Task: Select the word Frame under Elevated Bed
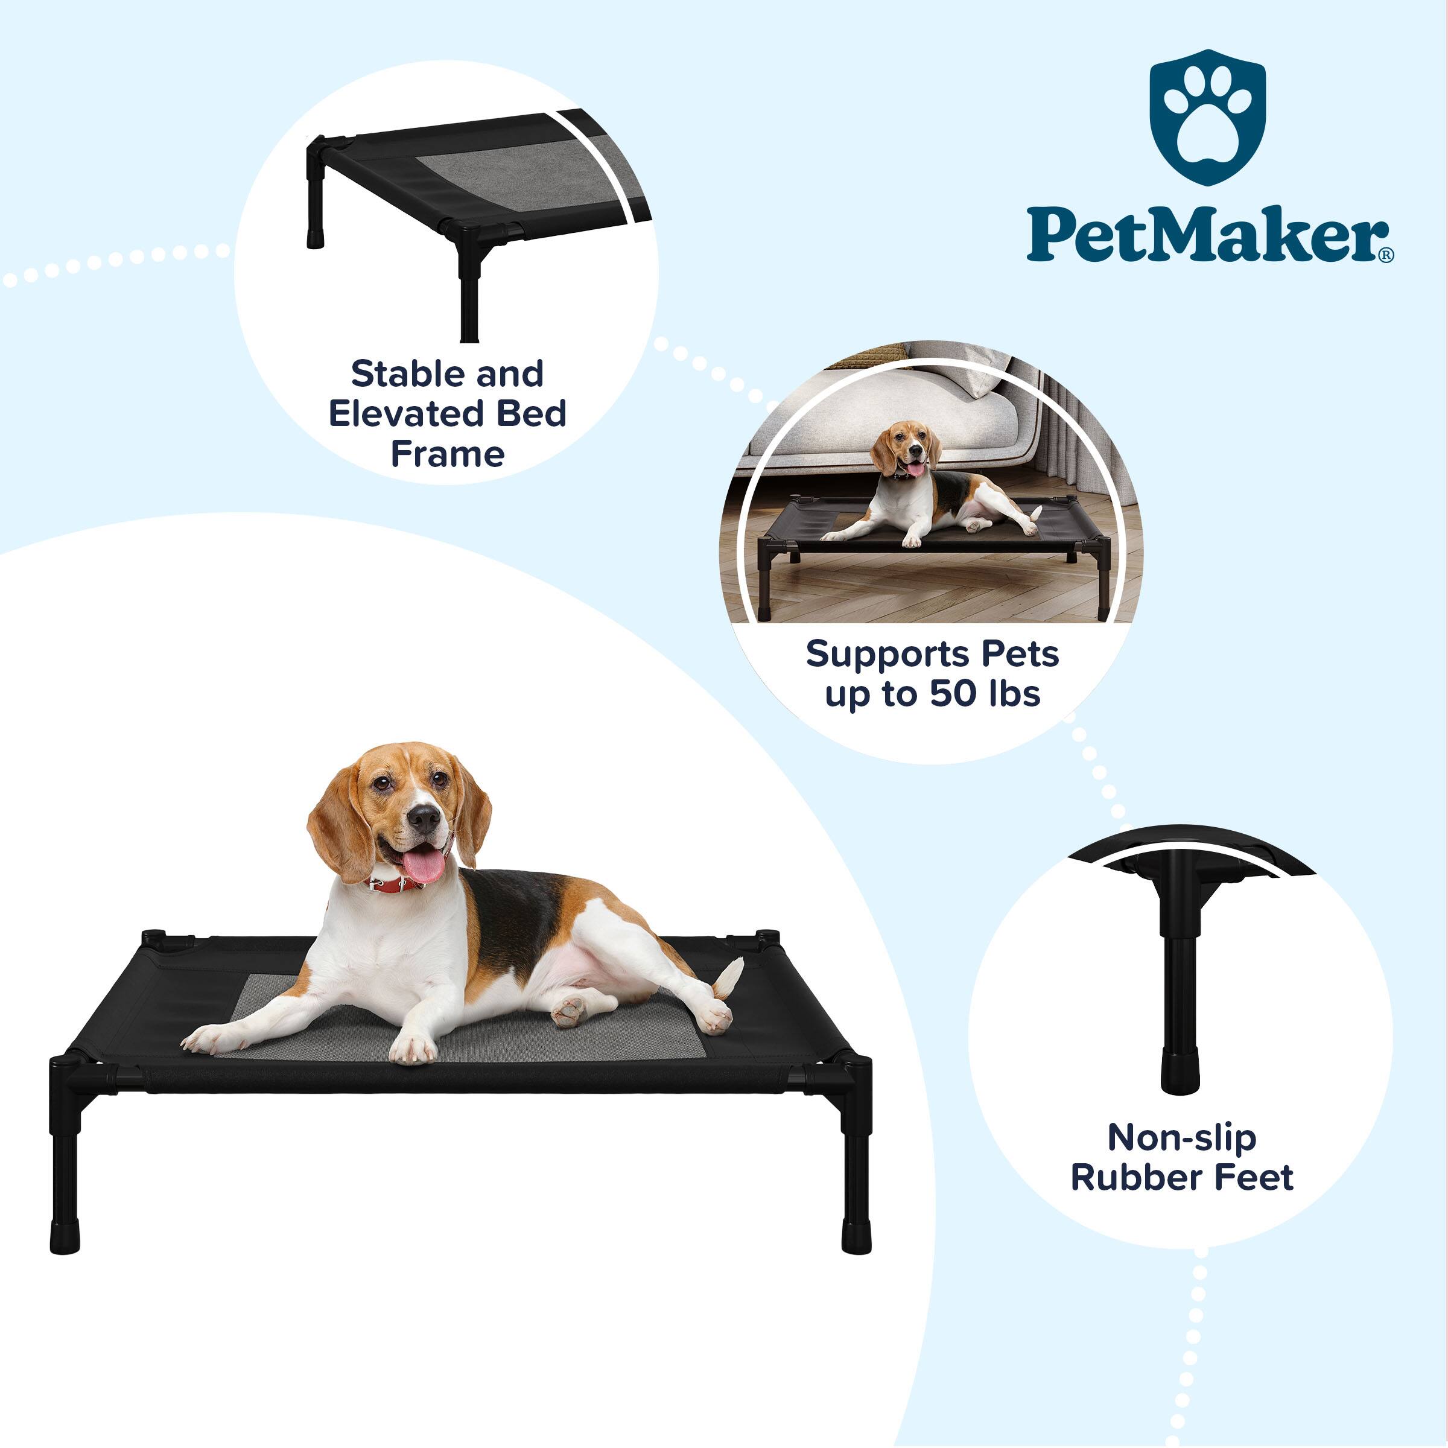click(x=448, y=454)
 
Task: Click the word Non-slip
click(x=1182, y=1138)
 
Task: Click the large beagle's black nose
click(x=424, y=819)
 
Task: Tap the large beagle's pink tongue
click(x=424, y=865)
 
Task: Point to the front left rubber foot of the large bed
click(x=65, y=1236)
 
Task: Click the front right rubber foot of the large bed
click(x=856, y=1236)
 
